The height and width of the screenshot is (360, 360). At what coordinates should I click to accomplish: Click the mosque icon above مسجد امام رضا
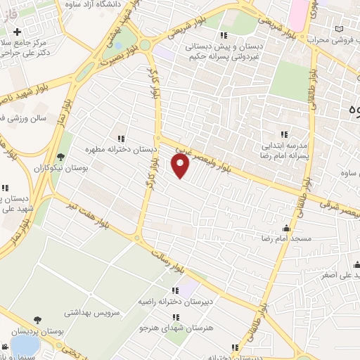(x=287, y=229)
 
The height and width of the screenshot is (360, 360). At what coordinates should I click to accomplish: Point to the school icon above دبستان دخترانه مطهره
(x=121, y=139)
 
